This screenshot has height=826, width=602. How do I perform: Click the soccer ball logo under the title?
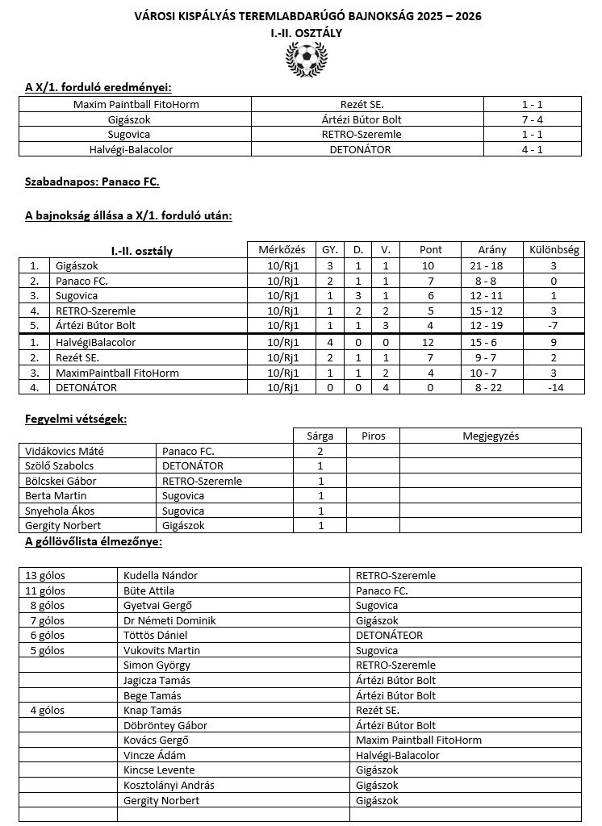click(x=306, y=58)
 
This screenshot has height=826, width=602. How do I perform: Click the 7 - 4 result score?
click(x=532, y=119)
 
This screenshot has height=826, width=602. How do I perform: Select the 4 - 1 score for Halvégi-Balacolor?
click(x=532, y=149)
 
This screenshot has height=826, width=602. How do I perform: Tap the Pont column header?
click(x=431, y=250)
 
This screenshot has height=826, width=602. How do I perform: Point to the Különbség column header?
click(x=554, y=250)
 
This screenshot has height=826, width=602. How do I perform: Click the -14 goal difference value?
click(x=554, y=387)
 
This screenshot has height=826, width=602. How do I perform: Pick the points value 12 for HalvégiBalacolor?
click(x=431, y=343)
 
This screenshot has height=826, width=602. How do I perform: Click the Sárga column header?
click(x=320, y=436)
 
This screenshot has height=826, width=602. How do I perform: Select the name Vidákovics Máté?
click(x=60, y=451)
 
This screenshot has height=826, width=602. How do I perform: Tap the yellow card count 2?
click(x=320, y=451)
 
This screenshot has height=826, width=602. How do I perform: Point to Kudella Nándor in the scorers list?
click(x=161, y=575)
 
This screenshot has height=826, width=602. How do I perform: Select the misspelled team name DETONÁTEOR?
click(x=389, y=635)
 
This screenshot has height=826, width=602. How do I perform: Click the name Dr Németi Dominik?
click(x=169, y=620)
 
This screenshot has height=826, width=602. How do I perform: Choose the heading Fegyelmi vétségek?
click(x=76, y=419)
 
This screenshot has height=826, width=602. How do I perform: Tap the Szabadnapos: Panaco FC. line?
click(x=92, y=182)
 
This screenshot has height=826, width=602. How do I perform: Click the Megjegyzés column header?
click(x=490, y=436)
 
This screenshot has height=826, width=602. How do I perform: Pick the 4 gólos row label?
click(x=48, y=711)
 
